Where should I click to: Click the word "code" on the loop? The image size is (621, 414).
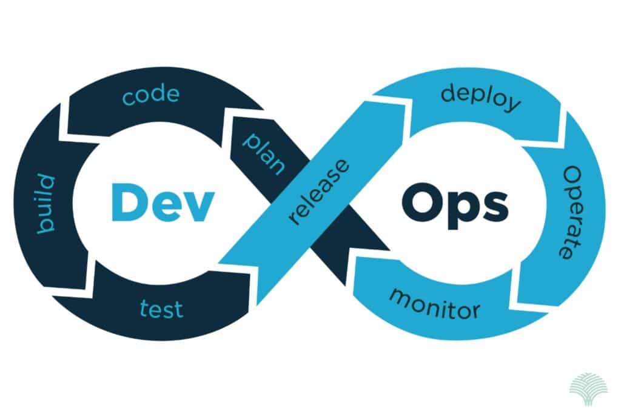point(151,95)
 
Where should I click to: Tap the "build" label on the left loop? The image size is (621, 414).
point(46,204)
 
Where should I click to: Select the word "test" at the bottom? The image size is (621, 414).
point(161,309)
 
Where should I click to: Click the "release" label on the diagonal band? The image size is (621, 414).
point(319,192)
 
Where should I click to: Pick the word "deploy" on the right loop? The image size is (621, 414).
point(481,97)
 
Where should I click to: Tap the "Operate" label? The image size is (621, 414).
point(572,213)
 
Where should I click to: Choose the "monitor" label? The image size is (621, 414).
point(434,304)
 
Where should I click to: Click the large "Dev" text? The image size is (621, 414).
point(163,202)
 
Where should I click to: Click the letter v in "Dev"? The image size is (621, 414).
point(198,206)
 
